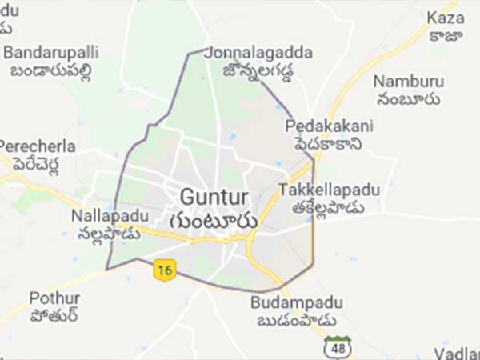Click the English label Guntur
coord(214,196)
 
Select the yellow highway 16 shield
coord(164,271)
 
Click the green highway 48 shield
coord(336,347)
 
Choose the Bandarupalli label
coord(52,52)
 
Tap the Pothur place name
coord(54,298)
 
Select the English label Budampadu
coord(296,303)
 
